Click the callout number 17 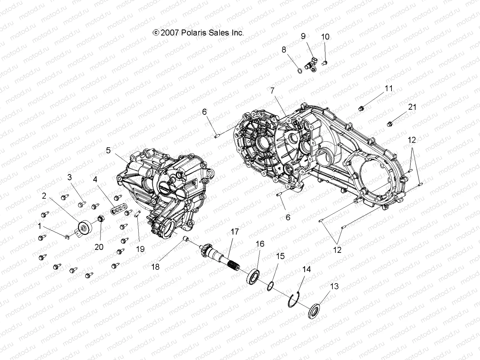click(235, 232)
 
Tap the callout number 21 click(412, 107)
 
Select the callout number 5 click(108, 150)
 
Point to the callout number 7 click(272, 90)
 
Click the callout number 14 click(306, 269)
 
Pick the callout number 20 click(99, 247)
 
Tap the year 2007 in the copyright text click(170, 33)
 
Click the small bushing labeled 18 click(186, 239)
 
